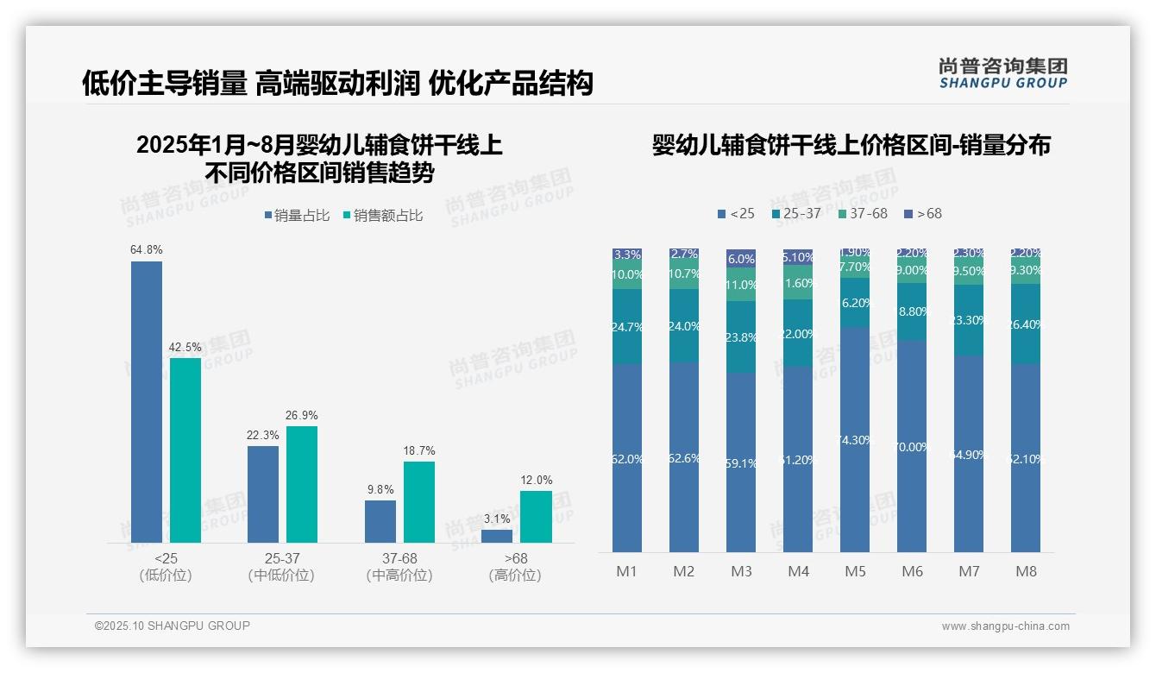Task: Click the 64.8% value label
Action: coord(146,249)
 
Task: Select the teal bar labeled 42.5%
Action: coord(185,450)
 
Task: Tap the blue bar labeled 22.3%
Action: coord(263,494)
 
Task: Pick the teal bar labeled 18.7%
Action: coord(419,501)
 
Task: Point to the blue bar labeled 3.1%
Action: coord(497,536)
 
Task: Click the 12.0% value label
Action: coord(536,480)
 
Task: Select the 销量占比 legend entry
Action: coord(297,216)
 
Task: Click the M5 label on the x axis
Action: coord(855,571)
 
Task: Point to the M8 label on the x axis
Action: coord(1026,571)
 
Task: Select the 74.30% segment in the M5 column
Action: coord(855,439)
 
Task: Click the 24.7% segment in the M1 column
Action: coord(627,326)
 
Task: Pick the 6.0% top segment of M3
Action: coord(741,258)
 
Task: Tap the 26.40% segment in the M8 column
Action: coord(1026,324)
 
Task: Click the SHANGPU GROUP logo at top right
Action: coord(1002,73)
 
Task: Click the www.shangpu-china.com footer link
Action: coord(1005,626)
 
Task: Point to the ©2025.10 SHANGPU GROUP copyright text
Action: coord(172,626)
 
